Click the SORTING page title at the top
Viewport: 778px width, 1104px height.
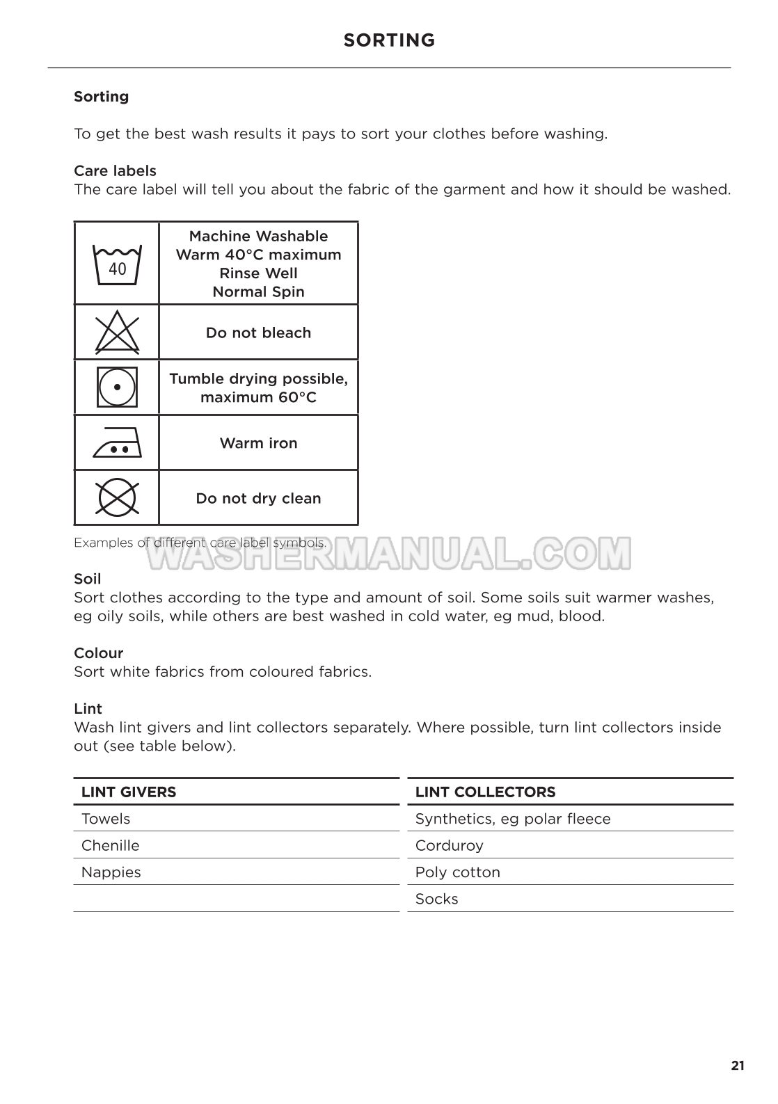(x=389, y=40)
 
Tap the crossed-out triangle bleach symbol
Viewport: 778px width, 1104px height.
(x=117, y=333)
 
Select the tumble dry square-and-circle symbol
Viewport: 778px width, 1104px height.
(x=117, y=387)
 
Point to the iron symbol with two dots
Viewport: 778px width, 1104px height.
(x=117, y=443)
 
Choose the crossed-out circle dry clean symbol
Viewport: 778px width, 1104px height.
(x=117, y=498)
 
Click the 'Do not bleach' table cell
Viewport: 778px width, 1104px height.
(x=258, y=333)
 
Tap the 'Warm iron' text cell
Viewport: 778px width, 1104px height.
(x=258, y=443)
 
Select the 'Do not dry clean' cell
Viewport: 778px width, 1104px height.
(x=258, y=498)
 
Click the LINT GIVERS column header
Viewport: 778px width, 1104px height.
(x=129, y=792)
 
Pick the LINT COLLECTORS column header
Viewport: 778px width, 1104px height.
(x=485, y=792)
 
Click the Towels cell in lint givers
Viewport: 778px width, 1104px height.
(x=106, y=819)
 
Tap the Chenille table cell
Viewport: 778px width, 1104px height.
(x=111, y=845)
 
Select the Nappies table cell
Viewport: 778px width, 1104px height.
(x=111, y=872)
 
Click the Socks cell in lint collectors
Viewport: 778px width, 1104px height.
(x=437, y=899)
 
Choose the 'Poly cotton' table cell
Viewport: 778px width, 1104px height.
(x=458, y=872)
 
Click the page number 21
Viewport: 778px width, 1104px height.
(x=738, y=1066)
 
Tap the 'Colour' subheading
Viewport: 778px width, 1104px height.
(x=99, y=653)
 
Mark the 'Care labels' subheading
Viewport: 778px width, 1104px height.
(x=116, y=170)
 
